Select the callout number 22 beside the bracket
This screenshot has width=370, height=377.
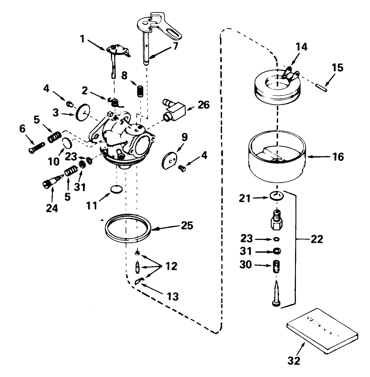(x=317, y=239)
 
